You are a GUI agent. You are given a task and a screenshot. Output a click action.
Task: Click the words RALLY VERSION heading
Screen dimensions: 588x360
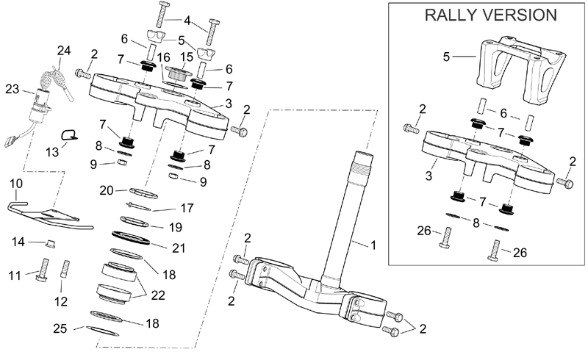pyautogui.click(x=490, y=15)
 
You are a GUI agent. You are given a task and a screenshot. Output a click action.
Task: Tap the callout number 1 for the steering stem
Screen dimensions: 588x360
pyautogui.click(x=373, y=245)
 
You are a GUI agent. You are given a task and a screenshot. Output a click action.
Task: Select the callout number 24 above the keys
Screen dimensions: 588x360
pyautogui.click(x=64, y=51)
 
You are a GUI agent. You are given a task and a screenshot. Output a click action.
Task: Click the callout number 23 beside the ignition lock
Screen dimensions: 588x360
pyautogui.click(x=12, y=89)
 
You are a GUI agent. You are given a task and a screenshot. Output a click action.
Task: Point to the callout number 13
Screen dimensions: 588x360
pyautogui.click(x=52, y=152)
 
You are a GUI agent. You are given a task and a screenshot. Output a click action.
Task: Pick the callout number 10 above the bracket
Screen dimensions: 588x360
pyautogui.click(x=16, y=184)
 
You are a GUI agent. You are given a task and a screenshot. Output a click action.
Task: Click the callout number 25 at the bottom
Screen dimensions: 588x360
pyautogui.click(x=60, y=328)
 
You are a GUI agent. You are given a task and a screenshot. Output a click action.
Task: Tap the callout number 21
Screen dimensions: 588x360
pyautogui.click(x=179, y=248)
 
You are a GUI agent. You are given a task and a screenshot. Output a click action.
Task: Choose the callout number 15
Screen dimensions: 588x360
pyautogui.click(x=187, y=57)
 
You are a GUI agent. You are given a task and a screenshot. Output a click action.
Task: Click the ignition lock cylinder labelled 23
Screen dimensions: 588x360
pyautogui.click(x=40, y=107)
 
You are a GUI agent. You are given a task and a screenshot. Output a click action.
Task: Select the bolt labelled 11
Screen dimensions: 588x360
pyautogui.click(x=43, y=270)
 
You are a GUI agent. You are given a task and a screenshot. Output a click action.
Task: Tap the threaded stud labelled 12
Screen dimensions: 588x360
pyautogui.click(x=65, y=269)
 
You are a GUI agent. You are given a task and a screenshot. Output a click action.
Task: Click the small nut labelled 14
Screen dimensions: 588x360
pyautogui.click(x=50, y=244)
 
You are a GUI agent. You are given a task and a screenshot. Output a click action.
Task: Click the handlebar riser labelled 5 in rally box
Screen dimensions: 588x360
pyautogui.click(x=521, y=69)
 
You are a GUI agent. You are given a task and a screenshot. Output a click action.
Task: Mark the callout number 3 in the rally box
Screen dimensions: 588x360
pyautogui.click(x=429, y=176)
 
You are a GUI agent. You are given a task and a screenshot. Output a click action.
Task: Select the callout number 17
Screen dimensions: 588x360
pyautogui.click(x=187, y=208)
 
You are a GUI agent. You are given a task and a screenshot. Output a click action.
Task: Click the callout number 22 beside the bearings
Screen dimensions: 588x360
pyautogui.click(x=158, y=295)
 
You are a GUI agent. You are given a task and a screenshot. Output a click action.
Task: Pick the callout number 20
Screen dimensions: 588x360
pyautogui.click(x=107, y=190)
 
